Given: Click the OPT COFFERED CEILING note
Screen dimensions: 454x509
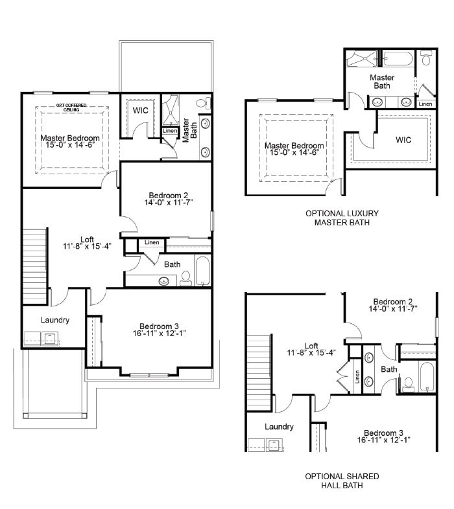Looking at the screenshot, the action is (x=71, y=107).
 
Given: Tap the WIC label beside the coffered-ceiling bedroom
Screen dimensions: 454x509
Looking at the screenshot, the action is (x=141, y=110).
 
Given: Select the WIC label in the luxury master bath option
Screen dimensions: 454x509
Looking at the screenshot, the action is (x=403, y=140).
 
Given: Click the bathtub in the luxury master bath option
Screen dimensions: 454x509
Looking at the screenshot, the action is (x=398, y=59).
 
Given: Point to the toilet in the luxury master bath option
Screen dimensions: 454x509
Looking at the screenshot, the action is (x=425, y=58).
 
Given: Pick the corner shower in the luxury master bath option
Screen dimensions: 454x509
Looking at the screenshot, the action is (x=362, y=58).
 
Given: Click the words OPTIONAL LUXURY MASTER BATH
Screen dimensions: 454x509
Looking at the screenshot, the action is (x=342, y=218).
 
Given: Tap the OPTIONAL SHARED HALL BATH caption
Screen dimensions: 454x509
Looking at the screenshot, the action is (x=342, y=481).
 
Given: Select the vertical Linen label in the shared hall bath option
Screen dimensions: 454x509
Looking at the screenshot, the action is (x=357, y=376).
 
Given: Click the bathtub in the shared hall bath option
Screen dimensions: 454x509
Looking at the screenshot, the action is (x=427, y=376).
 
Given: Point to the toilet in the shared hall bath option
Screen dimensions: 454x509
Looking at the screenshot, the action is (x=408, y=385).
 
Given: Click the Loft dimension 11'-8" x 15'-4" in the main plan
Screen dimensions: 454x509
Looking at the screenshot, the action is (x=87, y=246).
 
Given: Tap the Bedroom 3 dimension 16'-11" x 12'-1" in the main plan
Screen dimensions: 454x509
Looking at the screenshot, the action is (x=159, y=334).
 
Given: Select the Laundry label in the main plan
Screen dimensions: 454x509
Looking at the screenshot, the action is (x=55, y=320).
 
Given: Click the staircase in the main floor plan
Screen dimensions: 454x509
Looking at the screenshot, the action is (x=34, y=266).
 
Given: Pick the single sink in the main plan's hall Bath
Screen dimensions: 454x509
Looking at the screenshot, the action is (x=164, y=281).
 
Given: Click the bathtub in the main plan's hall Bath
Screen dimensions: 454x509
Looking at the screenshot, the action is (x=203, y=271).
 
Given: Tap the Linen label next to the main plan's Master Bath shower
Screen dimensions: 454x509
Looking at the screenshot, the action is (x=170, y=131).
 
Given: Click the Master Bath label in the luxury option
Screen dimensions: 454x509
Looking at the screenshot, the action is (x=382, y=82).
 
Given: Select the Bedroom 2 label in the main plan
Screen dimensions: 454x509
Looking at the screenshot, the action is (x=169, y=196).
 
